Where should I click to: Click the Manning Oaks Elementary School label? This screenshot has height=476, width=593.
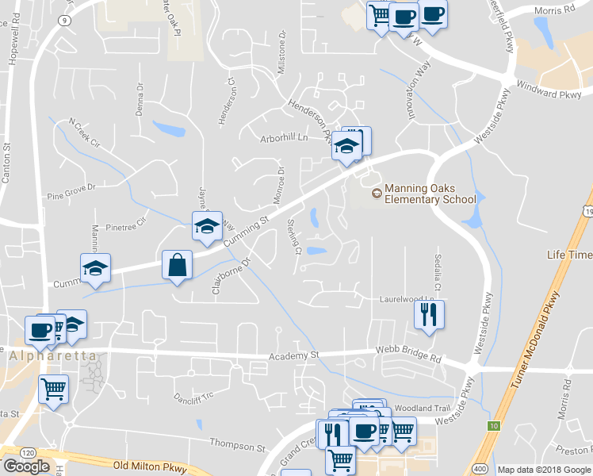[x=429, y=194]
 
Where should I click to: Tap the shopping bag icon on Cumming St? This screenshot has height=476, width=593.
[x=177, y=265]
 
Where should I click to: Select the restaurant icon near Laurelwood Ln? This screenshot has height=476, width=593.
[x=429, y=314]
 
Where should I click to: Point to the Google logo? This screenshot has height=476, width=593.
[x=26, y=466]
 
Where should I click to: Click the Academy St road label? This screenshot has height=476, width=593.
[x=293, y=356]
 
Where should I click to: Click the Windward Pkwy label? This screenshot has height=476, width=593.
[x=548, y=90]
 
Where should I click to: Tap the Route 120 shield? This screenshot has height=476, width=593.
[x=28, y=451]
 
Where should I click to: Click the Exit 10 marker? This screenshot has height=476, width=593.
[x=494, y=426]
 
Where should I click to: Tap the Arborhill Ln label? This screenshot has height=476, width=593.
[x=284, y=138]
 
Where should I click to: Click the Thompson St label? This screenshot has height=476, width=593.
[x=237, y=443]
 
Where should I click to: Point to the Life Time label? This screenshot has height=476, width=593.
[x=568, y=255]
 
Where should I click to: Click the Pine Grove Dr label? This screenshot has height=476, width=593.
[x=71, y=191]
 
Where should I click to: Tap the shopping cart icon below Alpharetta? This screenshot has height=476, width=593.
[x=53, y=390]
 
